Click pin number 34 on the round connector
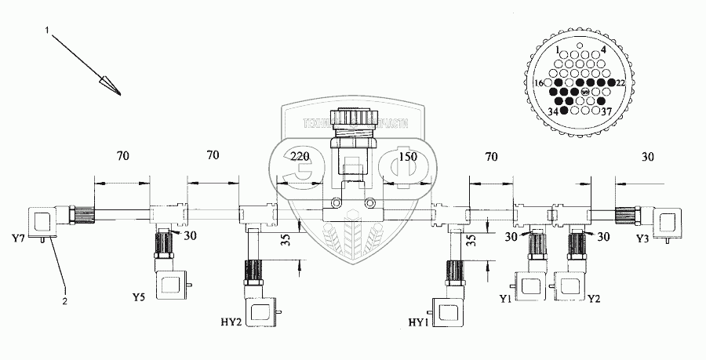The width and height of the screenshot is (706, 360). pyautogui.click(x=553, y=112)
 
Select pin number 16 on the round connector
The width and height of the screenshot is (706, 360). pyautogui.click(x=539, y=82)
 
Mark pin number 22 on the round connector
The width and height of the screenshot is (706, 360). pyautogui.click(x=620, y=82)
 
